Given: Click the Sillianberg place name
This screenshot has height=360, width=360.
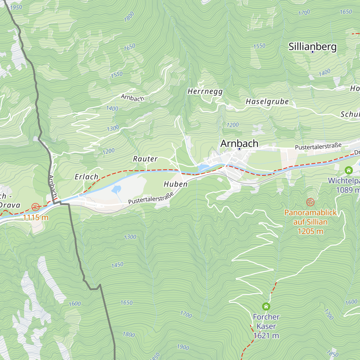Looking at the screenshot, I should click(x=312, y=46).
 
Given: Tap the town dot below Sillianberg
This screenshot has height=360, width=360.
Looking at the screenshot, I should click(x=312, y=52).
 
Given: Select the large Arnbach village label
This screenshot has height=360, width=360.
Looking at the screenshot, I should click(x=239, y=143).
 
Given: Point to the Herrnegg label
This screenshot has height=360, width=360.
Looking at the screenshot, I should click(x=205, y=91).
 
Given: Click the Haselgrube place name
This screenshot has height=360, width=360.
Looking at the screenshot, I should click(x=267, y=102).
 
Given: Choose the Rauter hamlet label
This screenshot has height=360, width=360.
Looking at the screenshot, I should click(x=145, y=159).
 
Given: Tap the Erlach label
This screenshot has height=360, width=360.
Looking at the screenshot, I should click(x=86, y=177).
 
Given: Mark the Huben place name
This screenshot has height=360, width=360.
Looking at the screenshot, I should click(x=175, y=184).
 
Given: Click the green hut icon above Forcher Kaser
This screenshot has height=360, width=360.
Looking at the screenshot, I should click(x=266, y=306).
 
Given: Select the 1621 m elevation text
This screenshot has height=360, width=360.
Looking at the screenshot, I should click(x=266, y=336).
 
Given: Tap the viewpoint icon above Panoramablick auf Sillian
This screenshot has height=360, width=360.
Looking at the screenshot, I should click(x=310, y=202).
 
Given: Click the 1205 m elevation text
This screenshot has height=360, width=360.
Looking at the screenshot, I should click(x=310, y=231).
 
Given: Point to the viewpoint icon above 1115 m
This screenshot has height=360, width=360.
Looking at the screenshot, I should click(x=36, y=207).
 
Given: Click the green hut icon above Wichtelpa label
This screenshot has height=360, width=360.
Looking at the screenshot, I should click(x=349, y=170).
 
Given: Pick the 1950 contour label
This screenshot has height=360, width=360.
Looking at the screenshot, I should click(x=16, y=7).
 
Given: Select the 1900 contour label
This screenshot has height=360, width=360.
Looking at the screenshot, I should click(x=183, y=347).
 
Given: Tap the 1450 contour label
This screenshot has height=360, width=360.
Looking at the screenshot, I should click(x=117, y=265).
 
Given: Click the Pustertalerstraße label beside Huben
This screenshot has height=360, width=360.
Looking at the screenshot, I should click(x=151, y=199).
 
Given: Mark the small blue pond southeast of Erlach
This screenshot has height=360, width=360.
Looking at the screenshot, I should click(x=116, y=189).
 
